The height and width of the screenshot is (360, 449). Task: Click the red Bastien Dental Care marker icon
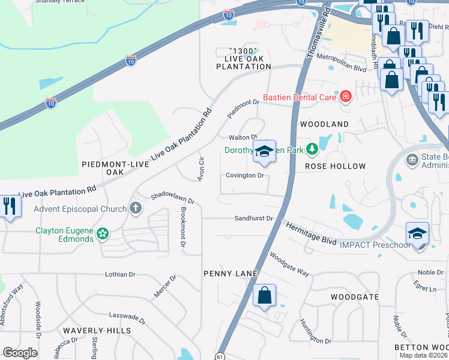345,97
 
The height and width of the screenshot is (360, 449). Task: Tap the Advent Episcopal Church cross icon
136,208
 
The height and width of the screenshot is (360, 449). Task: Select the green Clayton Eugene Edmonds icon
103,233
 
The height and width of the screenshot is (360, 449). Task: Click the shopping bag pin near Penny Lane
264,296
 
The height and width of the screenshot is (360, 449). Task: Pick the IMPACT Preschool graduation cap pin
418,234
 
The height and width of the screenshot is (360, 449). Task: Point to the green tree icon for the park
312,149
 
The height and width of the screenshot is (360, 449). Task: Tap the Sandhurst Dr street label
253,219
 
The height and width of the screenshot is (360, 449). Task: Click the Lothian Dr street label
120,274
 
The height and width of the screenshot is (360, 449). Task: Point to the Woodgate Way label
289,264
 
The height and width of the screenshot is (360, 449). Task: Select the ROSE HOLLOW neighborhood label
335,166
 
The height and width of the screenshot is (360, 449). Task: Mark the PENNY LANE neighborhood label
231,274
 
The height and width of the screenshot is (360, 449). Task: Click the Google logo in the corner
19,353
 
